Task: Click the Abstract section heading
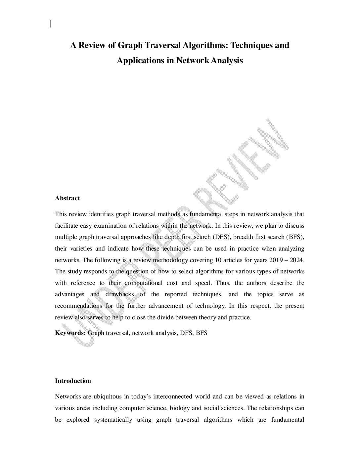click(67, 198)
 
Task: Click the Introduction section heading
click(73, 381)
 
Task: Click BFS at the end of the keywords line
click(202, 333)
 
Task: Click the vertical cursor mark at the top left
click(50, 23)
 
